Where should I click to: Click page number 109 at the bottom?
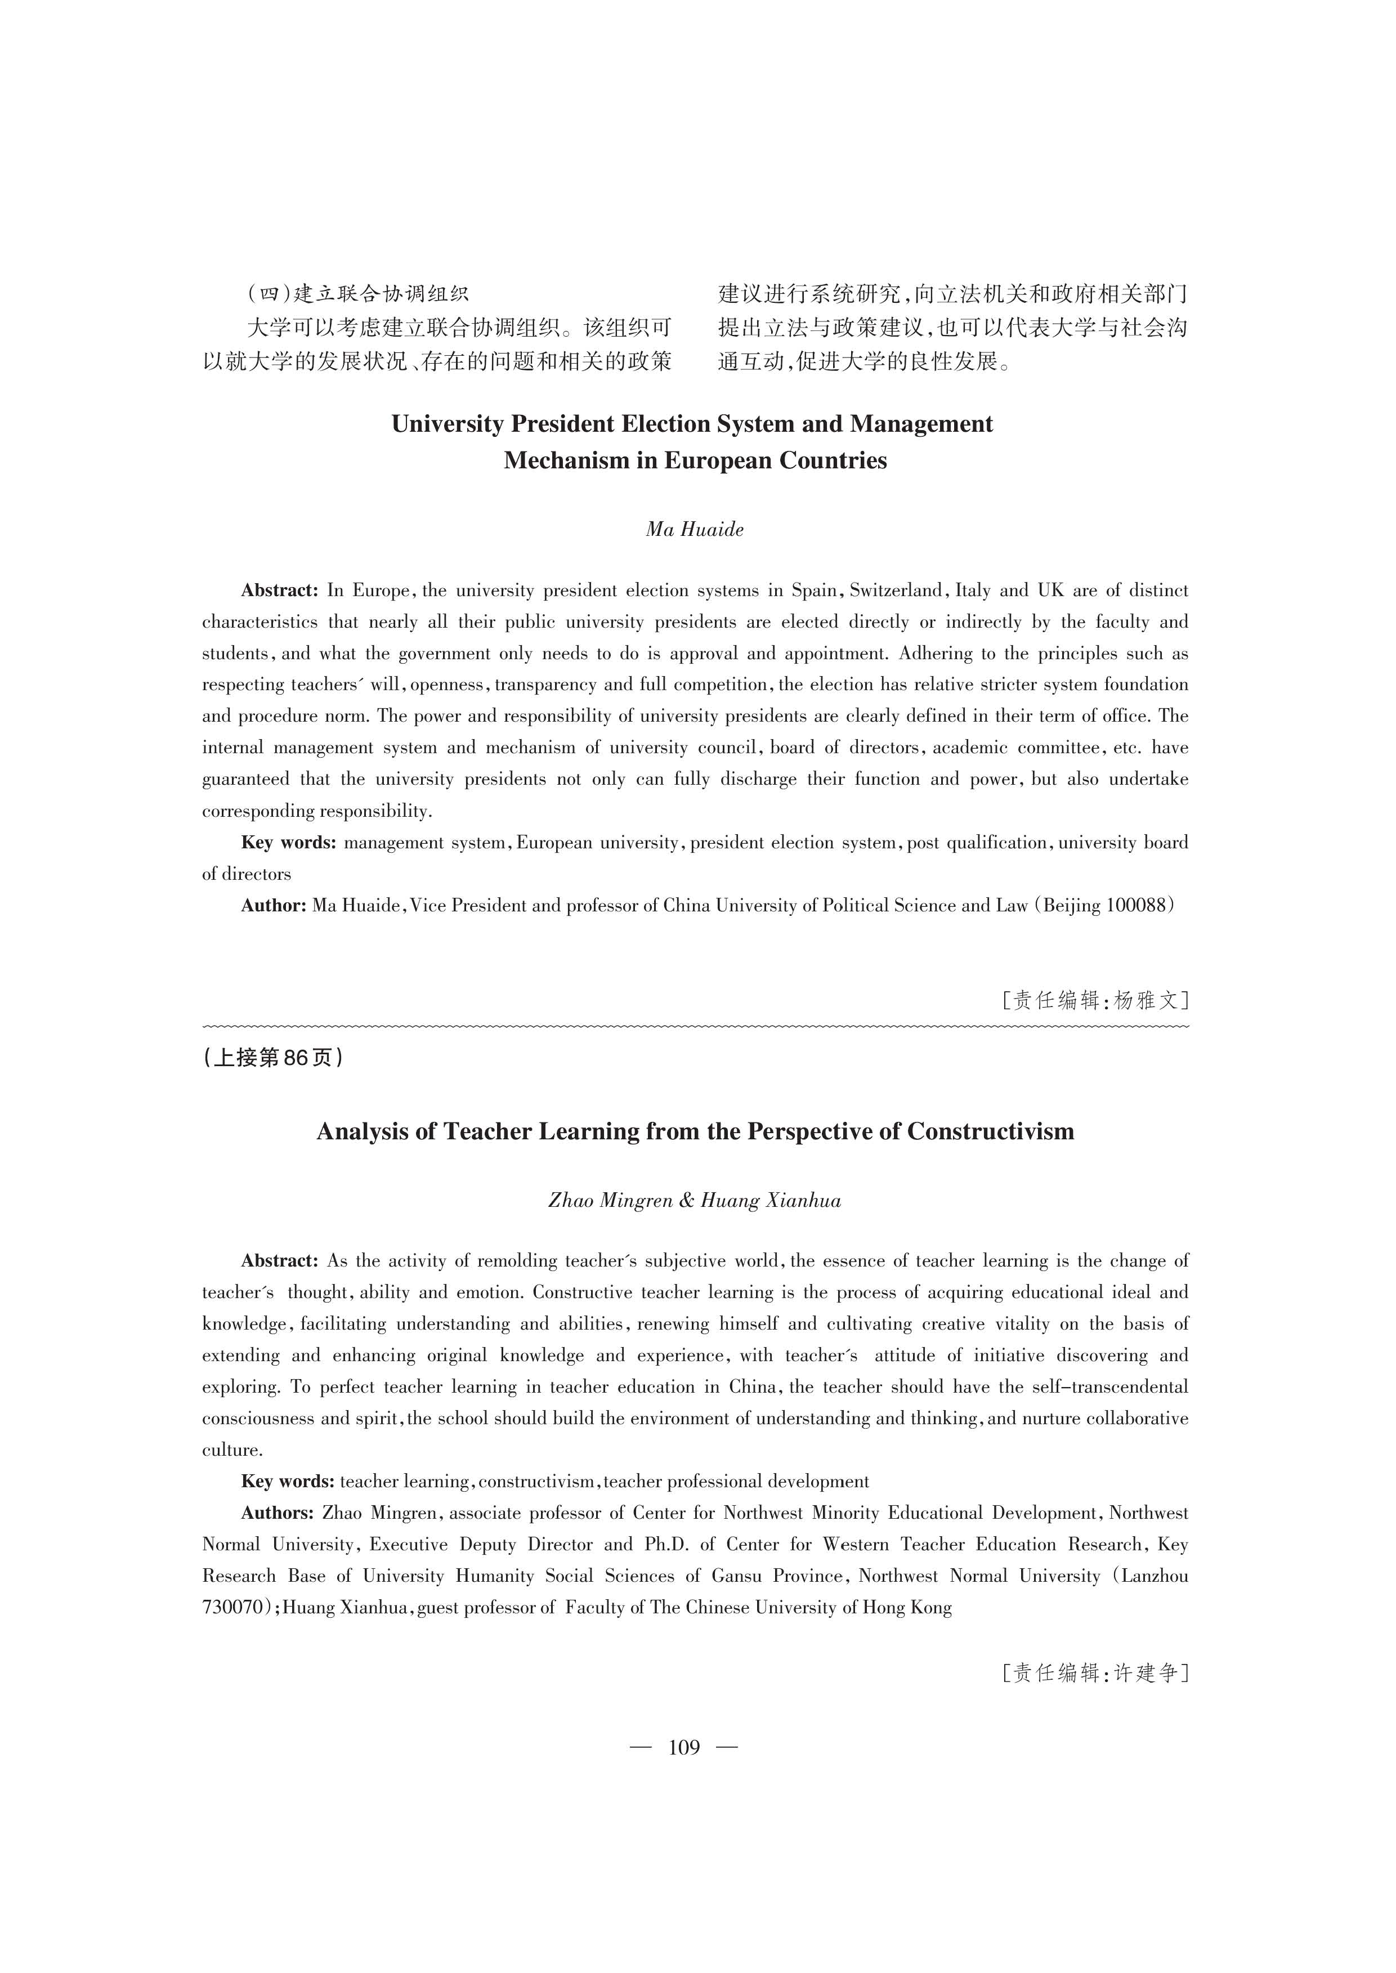[x=684, y=1747]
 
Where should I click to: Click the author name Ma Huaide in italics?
[x=695, y=530]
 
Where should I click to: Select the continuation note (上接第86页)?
[x=274, y=1057]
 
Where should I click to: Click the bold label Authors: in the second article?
[x=277, y=1513]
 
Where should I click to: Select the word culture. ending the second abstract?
[x=232, y=1450]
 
